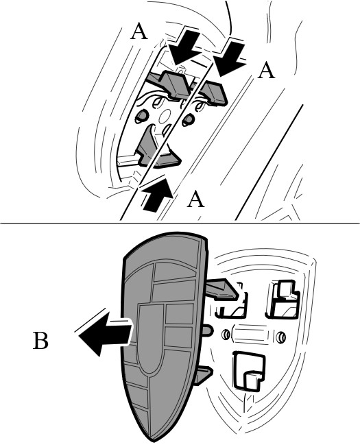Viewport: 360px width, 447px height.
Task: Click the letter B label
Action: pyautogui.click(x=40, y=340)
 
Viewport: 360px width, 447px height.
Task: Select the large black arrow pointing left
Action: pyautogui.click(x=106, y=334)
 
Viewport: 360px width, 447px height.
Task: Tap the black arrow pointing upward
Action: pyautogui.click(x=157, y=195)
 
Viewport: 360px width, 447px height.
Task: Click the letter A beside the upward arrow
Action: pyautogui.click(x=195, y=199)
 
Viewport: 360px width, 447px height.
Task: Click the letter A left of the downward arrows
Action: pyautogui.click(x=139, y=32)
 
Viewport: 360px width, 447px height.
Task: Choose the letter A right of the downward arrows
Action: pyautogui.click(x=266, y=71)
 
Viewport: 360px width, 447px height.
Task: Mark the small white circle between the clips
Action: pyautogui.click(x=164, y=117)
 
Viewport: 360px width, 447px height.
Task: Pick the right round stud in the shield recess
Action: pyautogui.click(x=281, y=337)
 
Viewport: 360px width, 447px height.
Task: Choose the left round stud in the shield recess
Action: pyautogui.click(x=226, y=335)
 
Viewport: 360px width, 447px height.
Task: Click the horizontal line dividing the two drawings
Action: pyautogui.click(x=180, y=223)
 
